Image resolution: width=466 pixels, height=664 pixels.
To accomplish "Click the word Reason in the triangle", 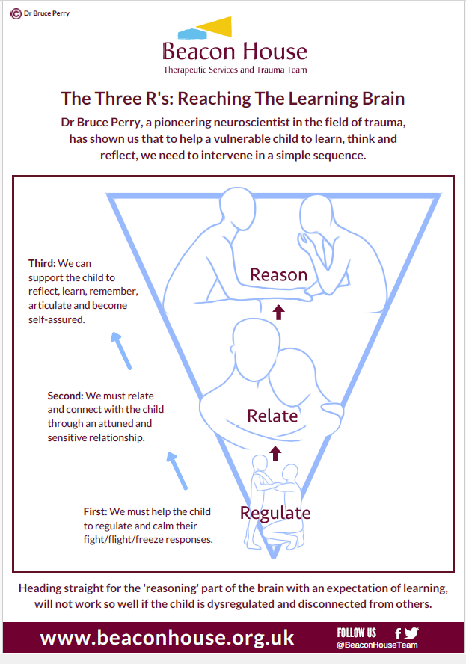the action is click(x=278, y=275).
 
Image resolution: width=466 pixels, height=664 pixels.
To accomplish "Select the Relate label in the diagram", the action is click(x=272, y=416).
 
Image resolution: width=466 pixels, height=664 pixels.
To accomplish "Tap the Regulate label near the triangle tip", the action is click(x=275, y=513).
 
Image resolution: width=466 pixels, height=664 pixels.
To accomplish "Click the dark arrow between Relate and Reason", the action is click(x=278, y=312).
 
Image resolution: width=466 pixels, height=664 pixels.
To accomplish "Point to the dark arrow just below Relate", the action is click(x=275, y=454).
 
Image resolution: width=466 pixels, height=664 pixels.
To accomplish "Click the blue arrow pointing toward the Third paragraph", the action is click(x=121, y=351).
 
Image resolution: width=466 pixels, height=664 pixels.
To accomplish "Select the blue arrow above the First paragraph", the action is click(x=177, y=471).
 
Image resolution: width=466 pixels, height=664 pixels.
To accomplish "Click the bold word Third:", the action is click(x=42, y=263).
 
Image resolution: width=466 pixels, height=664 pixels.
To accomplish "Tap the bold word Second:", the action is click(x=66, y=396).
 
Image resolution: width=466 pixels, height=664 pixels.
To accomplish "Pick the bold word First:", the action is click(x=95, y=511).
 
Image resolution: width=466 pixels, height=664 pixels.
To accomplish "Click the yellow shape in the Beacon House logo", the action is click(x=217, y=26).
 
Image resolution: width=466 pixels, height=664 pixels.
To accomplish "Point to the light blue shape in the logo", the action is click(x=192, y=34).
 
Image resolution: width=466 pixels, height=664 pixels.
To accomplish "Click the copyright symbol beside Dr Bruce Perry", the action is click(x=16, y=14).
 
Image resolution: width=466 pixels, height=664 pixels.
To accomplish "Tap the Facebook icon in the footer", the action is click(x=398, y=633).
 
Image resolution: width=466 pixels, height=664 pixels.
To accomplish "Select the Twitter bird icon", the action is click(x=411, y=633).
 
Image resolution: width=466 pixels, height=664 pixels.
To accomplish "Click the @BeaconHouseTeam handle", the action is click(x=377, y=645).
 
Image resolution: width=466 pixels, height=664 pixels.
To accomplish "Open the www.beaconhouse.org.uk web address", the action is click(x=168, y=638).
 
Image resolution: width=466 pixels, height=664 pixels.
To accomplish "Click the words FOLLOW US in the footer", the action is click(x=357, y=633).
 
